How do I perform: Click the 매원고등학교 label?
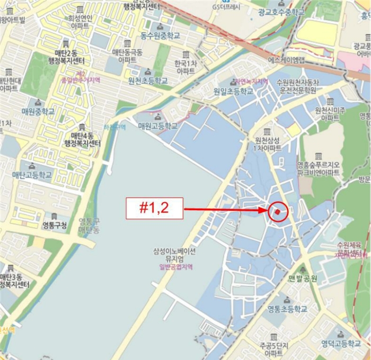(157, 127)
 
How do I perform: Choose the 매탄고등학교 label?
(32, 175)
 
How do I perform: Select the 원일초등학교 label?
(234, 92)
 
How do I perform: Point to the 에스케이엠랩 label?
(287, 60)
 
